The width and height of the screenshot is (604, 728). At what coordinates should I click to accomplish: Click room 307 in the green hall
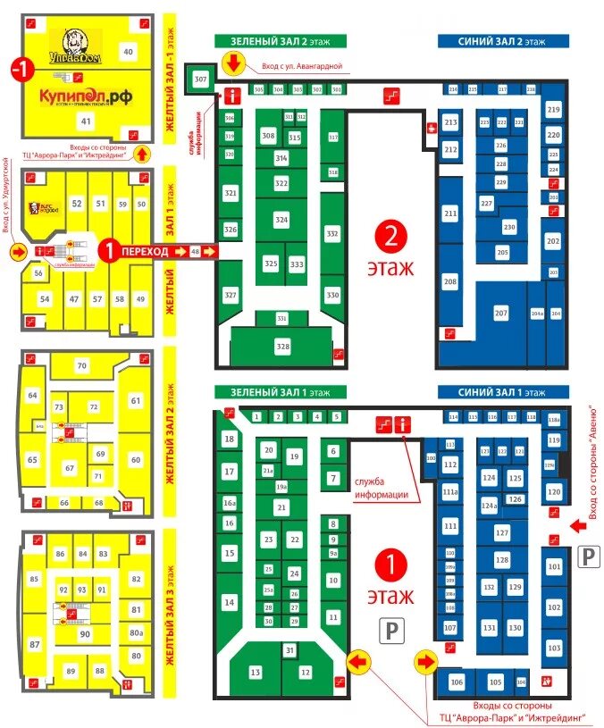[200, 80]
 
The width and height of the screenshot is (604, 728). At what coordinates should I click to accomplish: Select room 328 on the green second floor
[283, 346]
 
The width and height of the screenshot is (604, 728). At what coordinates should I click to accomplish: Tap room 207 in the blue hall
[500, 314]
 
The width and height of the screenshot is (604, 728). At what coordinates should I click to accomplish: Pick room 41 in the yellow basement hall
[87, 121]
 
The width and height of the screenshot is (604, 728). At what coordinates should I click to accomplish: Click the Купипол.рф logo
[86, 96]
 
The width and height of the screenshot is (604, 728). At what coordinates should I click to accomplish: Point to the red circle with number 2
[390, 234]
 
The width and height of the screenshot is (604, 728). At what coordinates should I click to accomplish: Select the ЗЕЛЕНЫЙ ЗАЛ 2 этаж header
[280, 41]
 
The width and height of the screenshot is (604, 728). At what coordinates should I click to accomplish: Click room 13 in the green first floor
[256, 672]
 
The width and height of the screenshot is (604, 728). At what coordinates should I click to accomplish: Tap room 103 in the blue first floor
[554, 648]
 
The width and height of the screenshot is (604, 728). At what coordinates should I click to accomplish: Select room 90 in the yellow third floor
[86, 634]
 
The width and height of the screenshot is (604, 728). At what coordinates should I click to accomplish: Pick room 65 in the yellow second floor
[32, 460]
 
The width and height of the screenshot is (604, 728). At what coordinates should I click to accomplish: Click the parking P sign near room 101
[588, 557]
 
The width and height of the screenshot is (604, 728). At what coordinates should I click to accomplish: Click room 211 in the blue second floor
[449, 214]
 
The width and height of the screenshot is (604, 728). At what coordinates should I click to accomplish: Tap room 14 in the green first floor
[230, 602]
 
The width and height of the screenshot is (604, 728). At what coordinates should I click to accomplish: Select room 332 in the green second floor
[332, 234]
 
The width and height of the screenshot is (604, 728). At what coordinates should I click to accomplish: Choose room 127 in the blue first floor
[501, 532]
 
